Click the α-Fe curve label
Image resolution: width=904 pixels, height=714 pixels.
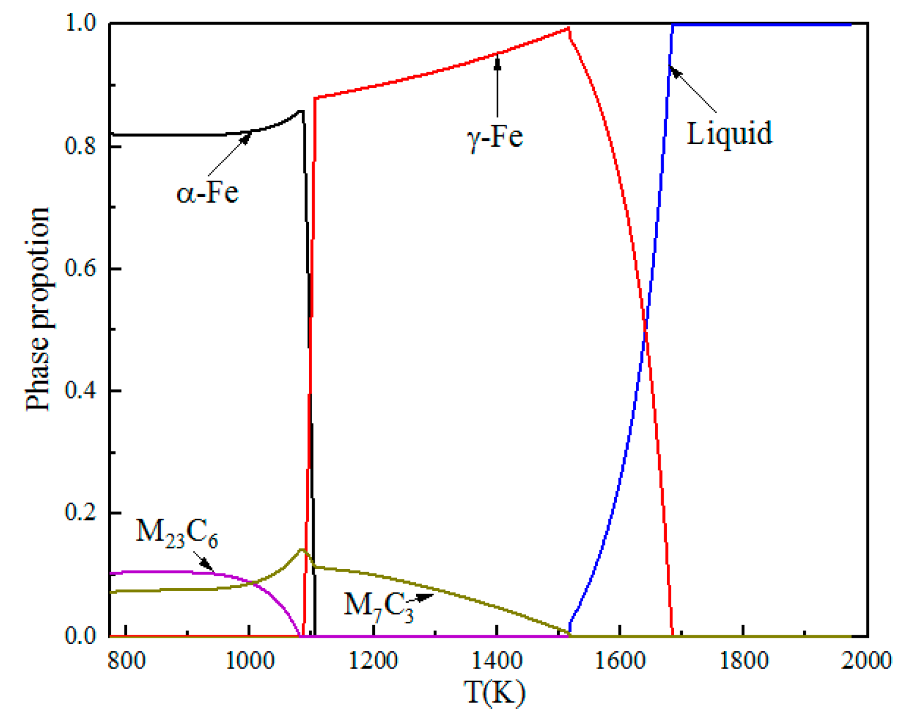tap(207, 192)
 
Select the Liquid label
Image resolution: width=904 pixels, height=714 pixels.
tap(729, 133)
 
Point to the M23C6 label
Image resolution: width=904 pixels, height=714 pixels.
tap(176, 531)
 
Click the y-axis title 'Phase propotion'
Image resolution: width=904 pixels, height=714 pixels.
tap(38, 309)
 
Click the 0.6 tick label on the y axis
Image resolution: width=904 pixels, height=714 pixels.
tap(82, 269)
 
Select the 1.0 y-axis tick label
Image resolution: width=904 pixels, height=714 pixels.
tap(82, 23)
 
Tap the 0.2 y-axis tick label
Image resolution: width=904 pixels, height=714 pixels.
tap(82, 513)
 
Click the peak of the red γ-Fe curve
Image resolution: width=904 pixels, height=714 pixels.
tap(569, 28)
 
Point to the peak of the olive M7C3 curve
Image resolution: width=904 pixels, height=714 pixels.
tap(302, 549)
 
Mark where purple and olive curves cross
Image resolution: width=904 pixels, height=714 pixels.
tap(253, 582)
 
